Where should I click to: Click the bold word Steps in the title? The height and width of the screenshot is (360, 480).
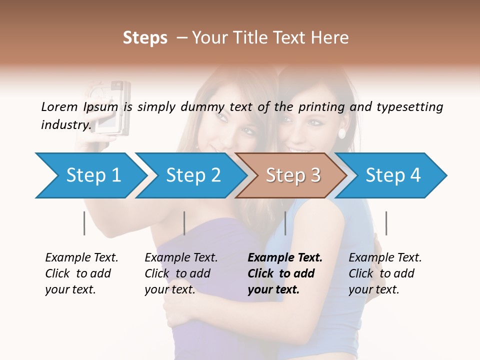pos(145,38)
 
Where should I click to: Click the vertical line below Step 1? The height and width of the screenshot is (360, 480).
pos(84,223)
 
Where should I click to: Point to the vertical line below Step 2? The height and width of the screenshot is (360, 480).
pos(184,223)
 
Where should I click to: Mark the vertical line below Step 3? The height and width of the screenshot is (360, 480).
pos(285,223)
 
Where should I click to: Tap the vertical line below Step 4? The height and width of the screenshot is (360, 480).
pos(386,223)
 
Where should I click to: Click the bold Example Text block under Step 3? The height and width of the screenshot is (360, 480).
pos(285,273)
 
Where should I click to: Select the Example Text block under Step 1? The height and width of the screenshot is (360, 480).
pos(81,273)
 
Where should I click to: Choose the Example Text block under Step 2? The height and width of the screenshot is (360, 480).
pos(181,273)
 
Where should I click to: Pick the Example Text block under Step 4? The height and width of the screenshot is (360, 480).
pos(385,273)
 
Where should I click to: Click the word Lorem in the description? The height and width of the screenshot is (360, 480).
pos(59,106)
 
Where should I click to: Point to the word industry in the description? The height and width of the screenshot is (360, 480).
pos(66,125)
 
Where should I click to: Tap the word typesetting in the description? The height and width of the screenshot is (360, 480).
pos(409,107)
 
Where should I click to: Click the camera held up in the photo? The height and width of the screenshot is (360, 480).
pos(113,107)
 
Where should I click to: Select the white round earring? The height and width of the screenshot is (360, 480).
pos(342,133)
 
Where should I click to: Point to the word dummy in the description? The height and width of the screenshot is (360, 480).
pos(202,107)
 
